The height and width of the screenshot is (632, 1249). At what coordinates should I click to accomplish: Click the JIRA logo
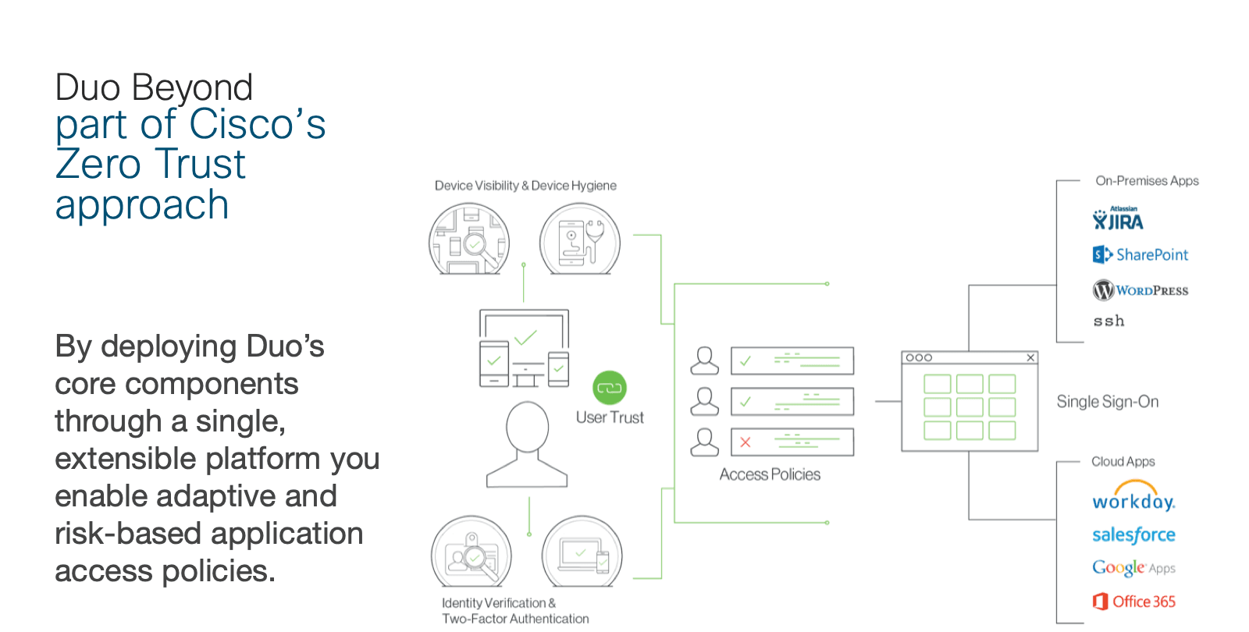(x=1118, y=220)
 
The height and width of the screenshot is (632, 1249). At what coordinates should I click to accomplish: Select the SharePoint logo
(x=1140, y=254)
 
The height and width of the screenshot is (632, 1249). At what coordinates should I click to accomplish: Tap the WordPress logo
(x=1140, y=290)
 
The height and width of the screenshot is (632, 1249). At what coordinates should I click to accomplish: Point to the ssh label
(x=1108, y=321)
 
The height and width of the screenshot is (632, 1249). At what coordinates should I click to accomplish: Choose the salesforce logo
(x=1133, y=534)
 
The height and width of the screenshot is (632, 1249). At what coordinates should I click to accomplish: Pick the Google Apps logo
(x=1133, y=567)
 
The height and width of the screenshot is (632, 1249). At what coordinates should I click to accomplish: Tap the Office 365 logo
(x=1134, y=602)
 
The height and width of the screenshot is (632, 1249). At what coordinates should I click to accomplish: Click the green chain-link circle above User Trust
(x=610, y=388)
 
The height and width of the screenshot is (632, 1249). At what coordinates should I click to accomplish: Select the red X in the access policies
(x=745, y=442)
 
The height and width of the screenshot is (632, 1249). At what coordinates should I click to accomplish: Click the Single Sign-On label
(x=1107, y=402)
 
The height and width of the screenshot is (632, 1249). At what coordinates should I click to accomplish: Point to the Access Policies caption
(x=770, y=474)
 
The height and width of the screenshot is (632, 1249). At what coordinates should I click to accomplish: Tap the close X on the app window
(x=1030, y=357)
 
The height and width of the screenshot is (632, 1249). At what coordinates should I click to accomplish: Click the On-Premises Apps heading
(x=1147, y=181)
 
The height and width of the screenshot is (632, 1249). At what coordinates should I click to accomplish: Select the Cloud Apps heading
(x=1123, y=462)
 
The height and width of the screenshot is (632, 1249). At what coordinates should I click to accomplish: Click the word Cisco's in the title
(x=257, y=125)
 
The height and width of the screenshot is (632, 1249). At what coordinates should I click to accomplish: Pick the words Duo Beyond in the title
(x=154, y=87)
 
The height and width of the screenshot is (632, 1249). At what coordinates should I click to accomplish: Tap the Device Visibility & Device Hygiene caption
(x=525, y=186)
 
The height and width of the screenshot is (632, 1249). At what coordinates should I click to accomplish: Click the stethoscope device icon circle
(x=580, y=239)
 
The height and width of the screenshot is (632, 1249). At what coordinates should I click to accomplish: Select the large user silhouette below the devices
(x=527, y=445)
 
